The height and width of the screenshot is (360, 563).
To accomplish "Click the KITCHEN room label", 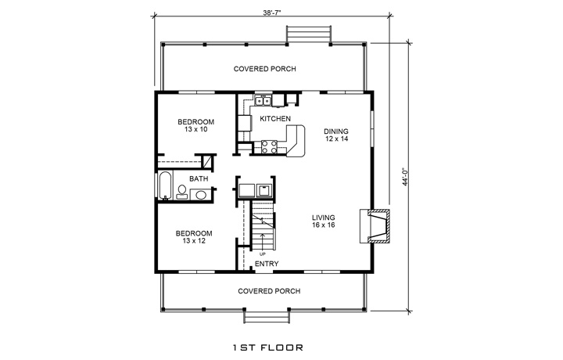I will (x=275, y=119).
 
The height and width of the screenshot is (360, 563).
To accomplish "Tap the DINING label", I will (x=336, y=131).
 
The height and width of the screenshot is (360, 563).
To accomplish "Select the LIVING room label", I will (x=324, y=218).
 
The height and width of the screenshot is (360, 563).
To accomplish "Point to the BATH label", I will (x=199, y=179).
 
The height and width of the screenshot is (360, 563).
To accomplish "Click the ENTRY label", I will (x=266, y=265).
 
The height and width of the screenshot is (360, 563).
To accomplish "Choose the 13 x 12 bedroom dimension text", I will (x=194, y=242).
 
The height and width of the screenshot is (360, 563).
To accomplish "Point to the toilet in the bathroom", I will (x=181, y=190).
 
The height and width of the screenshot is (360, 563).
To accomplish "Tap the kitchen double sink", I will (x=264, y=99).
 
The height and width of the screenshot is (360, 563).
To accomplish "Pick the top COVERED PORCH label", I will (x=265, y=69).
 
